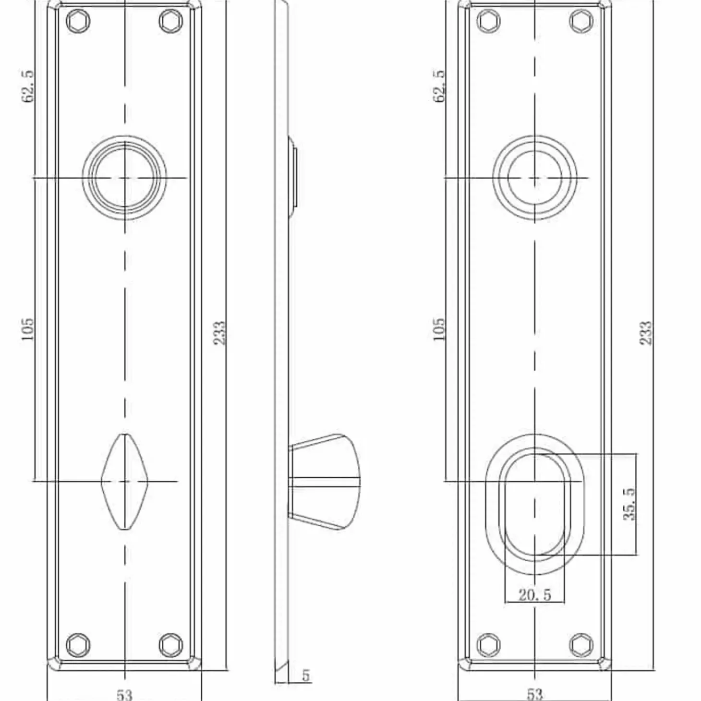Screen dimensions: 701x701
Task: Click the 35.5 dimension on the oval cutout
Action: pyautogui.click(x=629, y=504)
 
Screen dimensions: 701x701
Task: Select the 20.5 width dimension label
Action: pyautogui.click(x=534, y=595)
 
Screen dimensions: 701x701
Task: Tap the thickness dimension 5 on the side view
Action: pyautogui.click(x=306, y=675)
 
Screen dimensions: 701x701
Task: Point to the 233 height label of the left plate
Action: pyautogui.click(x=219, y=333)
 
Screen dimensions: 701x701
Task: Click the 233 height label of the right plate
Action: pyautogui.click(x=646, y=333)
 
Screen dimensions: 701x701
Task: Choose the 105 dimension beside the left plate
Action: pyautogui.click(x=28, y=329)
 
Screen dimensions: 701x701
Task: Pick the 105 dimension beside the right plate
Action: pyautogui.click(x=439, y=329)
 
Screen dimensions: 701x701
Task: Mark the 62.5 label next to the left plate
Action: pyautogui.click(x=28, y=86)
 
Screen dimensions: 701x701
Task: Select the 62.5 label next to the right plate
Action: pyautogui.click(x=439, y=86)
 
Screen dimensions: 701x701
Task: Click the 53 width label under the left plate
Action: pyautogui.click(x=124, y=694)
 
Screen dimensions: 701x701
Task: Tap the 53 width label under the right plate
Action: pyautogui.click(x=534, y=694)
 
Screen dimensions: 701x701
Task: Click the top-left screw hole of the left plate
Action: pyautogui.click(x=78, y=21)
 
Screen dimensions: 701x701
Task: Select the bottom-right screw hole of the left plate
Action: pyautogui.click(x=170, y=645)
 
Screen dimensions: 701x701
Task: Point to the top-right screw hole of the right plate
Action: pyautogui.click(x=581, y=21)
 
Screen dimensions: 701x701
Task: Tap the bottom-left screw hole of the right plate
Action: pyautogui.click(x=489, y=645)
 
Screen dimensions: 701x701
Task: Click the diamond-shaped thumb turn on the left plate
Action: pyautogui.click(x=124, y=482)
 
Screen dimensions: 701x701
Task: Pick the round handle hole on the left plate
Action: pyautogui.click(x=124, y=178)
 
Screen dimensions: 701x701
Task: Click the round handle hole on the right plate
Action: pyautogui.click(x=535, y=178)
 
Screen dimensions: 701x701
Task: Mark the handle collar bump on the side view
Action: pyautogui.click(x=293, y=178)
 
